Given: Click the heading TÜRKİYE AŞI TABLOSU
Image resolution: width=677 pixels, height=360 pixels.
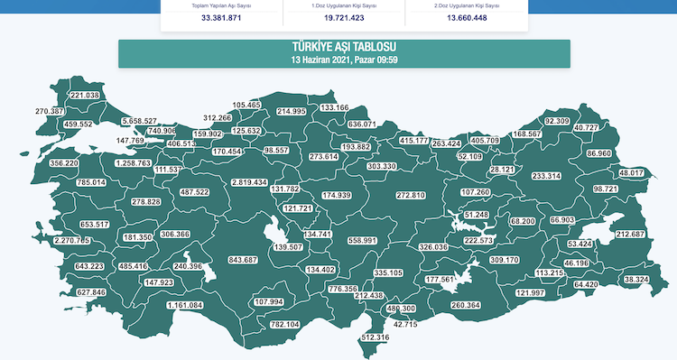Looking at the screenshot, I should coord(344,47).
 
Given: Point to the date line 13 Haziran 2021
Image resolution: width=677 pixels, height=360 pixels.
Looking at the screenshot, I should coord(344,60).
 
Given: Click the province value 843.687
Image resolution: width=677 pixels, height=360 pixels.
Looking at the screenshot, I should coord(243,260).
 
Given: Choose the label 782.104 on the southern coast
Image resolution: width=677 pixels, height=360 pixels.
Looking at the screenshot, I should coord(285,324).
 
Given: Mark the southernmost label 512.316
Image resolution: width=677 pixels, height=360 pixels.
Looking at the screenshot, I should coord(375,337).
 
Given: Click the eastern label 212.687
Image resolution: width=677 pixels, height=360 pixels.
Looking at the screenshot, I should coord(631,235).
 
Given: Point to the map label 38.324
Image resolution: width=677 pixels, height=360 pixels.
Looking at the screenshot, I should coord(636,280).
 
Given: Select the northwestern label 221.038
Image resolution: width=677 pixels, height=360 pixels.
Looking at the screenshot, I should coord(85,96).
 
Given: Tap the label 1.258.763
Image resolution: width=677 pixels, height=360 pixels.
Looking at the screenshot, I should coord(134,163).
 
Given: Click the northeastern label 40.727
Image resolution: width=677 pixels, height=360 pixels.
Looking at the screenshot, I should coord(586,128).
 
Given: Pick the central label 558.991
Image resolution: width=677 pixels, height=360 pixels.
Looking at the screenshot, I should coord(362,241).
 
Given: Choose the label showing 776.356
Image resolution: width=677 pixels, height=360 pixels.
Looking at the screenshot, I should coord(343,289).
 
